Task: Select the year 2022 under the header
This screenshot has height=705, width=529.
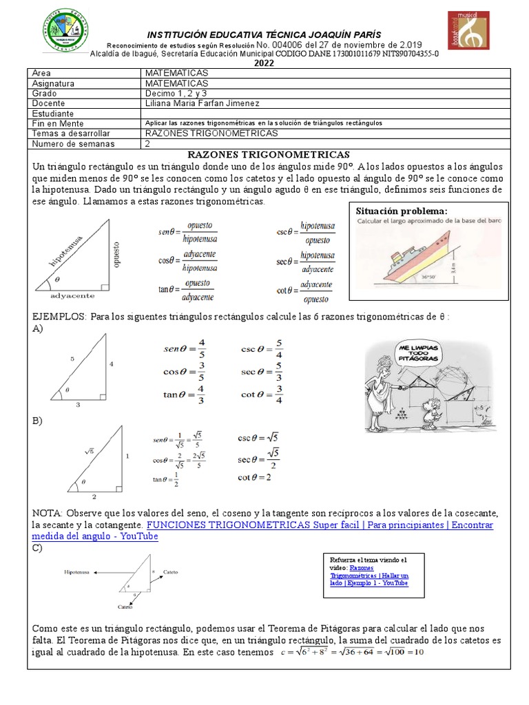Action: tap(264, 63)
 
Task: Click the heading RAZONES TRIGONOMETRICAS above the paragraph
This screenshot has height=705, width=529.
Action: tap(269, 155)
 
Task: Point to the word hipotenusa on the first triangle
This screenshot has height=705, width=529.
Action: tap(67, 249)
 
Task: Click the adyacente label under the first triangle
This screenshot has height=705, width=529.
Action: tap(73, 295)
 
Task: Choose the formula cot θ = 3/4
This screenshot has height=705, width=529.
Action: tap(261, 394)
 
